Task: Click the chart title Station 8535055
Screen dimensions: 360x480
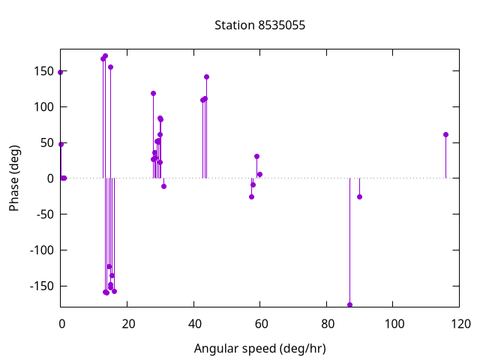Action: [x=259, y=25]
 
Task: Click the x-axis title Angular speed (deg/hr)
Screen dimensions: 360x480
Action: [x=259, y=349]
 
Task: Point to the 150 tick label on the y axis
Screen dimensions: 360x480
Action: [x=43, y=70]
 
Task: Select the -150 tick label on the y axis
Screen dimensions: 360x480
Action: [x=40, y=286]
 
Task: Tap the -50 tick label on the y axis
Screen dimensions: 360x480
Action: [x=43, y=214]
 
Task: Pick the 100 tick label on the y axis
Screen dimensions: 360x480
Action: [x=43, y=106]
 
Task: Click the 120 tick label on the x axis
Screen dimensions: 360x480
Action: [x=460, y=324]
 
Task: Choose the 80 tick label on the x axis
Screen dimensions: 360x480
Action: [x=326, y=324]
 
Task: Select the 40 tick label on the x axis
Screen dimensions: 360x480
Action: [x=193, y=324]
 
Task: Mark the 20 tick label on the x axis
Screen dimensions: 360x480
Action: [x=127, y=324]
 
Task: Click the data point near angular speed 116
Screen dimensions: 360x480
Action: [x=445, y=134]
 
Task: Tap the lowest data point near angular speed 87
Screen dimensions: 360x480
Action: [x=349, y=304]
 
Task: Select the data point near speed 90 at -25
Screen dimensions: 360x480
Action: [x=359, y=196]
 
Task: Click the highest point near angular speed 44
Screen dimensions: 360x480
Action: [x=206, y=76]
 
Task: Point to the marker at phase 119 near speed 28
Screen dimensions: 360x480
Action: [x=153, y=93]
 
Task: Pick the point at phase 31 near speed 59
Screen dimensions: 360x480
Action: [x=256, y=156]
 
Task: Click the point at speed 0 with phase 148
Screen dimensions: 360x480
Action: [x=60, y=72]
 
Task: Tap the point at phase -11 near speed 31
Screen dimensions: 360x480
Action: [x=163, y=186]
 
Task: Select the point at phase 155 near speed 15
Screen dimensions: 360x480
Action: [x=110, y=67]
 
